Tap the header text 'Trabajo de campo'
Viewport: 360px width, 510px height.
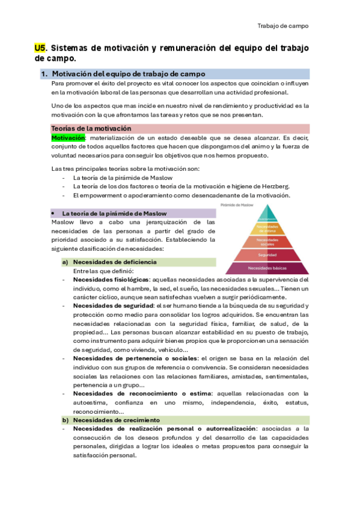(x=283, y=26)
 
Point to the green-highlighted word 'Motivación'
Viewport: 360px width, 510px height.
(x=69, y=138)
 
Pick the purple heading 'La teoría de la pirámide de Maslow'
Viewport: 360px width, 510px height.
(x=114, y=213)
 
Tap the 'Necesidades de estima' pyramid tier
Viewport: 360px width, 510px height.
(x=268, y=229)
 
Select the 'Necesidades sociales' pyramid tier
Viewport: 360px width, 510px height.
(x=268, y=241)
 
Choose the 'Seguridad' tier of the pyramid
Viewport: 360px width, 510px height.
(x=268, y=255)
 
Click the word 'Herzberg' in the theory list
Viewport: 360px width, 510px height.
(x=275, y=186)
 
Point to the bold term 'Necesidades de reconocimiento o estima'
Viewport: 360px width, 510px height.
(x=140, y=394)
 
